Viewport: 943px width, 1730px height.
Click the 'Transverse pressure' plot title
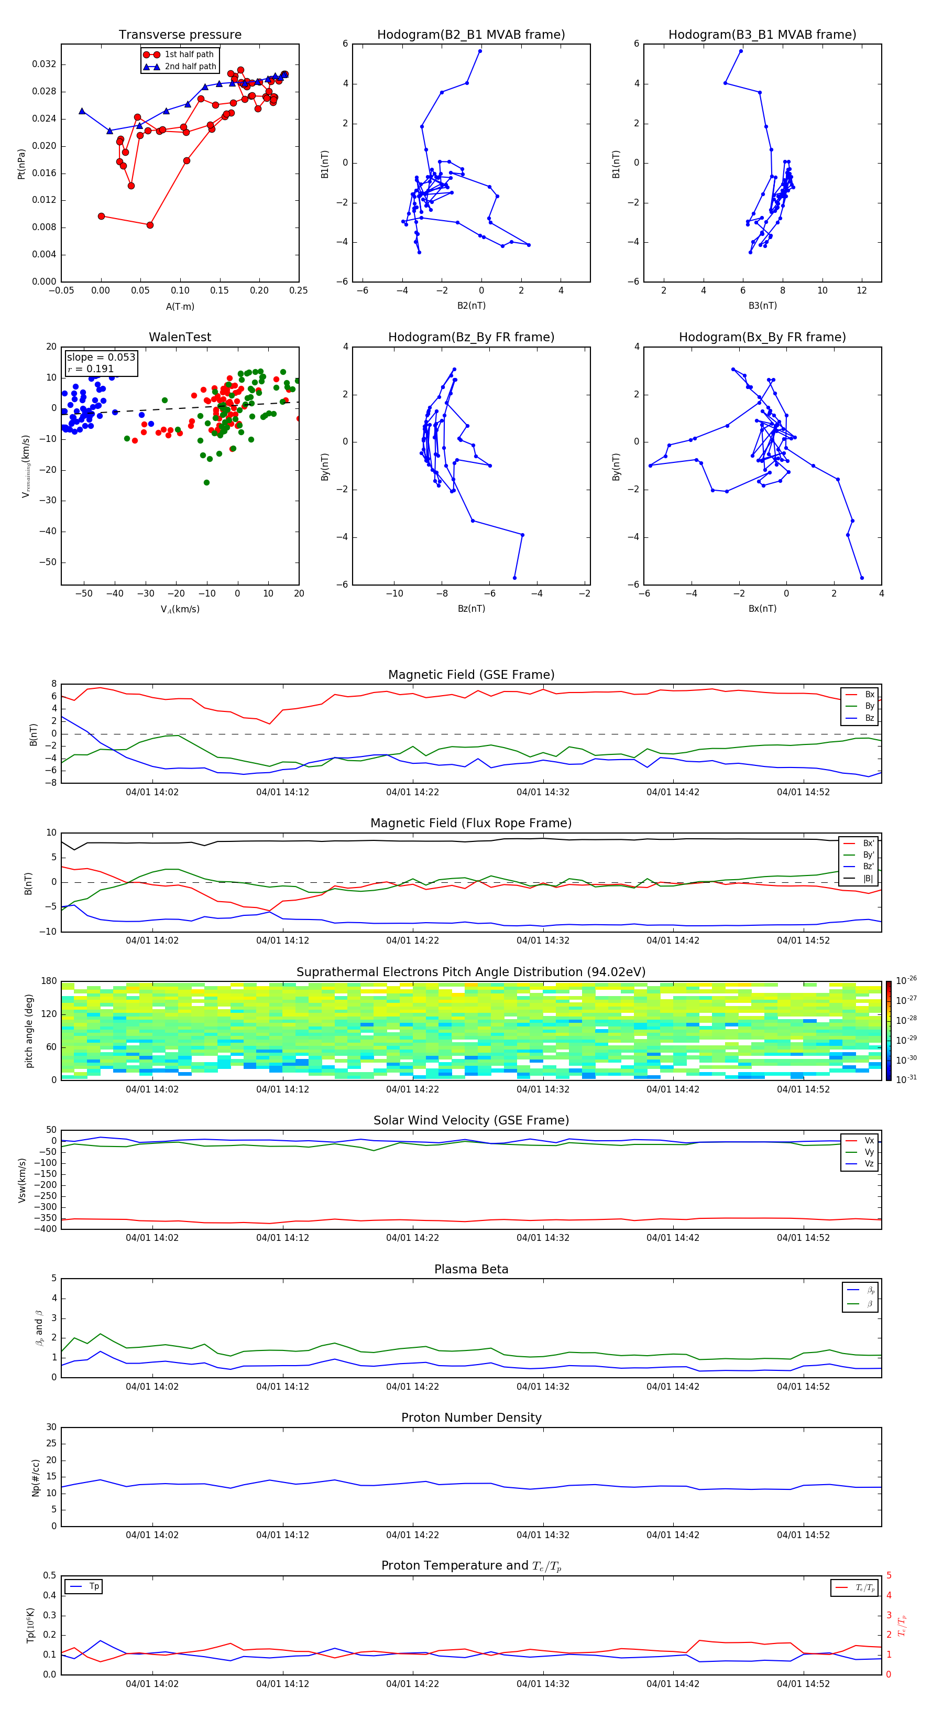point(180,35)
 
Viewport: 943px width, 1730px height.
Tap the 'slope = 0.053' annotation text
point(101,358)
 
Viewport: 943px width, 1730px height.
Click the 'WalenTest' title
point(180,337)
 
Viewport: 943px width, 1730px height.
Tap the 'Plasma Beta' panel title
point(471,1269)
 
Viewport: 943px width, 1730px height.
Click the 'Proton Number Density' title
point(471,1418)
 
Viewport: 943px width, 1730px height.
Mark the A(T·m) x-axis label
point(180,307)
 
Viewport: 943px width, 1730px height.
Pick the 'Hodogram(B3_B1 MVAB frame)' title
point(762,35)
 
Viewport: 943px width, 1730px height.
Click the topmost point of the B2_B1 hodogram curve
point(480,51)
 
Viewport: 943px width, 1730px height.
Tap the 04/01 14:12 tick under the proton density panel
point(282,1535)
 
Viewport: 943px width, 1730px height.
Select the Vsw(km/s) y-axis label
point(22,1180)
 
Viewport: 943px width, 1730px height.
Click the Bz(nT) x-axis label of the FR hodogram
point(471,609)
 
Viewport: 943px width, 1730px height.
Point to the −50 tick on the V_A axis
point(84,593)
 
